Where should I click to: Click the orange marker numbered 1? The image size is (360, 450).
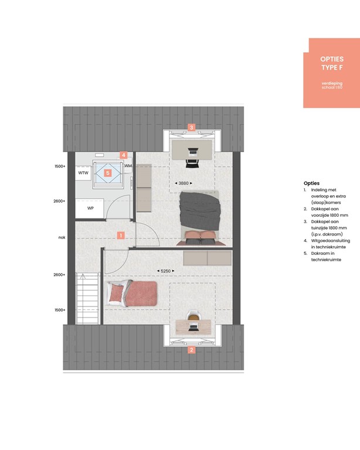[x=120, y=236]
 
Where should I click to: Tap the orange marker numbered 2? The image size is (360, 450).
[x=191, y=351]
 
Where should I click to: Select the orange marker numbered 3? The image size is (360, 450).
[x=191, y=127]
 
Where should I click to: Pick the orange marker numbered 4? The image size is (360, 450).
[x=123, y=155]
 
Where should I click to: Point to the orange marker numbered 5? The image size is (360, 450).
[x=107, y=173]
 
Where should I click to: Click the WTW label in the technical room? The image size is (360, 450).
[x=83, y=173]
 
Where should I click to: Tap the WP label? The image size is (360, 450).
[x=91, y=208]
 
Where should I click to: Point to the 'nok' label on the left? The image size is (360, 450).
[x=62, y=237]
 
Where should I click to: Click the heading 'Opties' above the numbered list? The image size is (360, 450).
[x=311, y=183]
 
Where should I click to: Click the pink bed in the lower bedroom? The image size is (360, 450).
[x=134, y=293]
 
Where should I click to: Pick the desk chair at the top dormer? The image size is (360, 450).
[x=192, y=154]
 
